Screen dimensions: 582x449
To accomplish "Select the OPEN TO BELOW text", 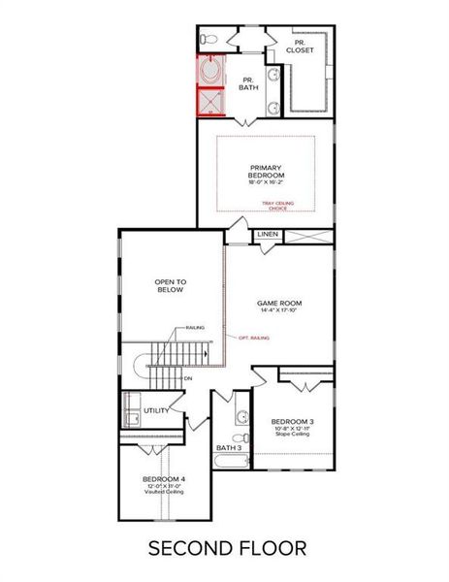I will tap(170, 285).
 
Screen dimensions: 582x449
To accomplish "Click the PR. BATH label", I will tap(247, 84).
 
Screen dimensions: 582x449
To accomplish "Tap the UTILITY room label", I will tap(157, 410).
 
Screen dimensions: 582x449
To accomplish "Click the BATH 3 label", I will tap(229, 448).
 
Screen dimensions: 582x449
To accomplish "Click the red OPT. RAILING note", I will tap(254, 338).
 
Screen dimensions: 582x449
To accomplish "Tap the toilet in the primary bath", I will tap(207, 41).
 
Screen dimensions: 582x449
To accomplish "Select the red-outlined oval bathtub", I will tap(208, 72).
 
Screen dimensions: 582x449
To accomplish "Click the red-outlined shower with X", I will tap(208, 101).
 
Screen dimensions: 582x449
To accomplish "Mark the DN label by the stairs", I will tap(188, 379).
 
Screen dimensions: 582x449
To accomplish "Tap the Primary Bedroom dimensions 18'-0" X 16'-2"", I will tap(265, 181).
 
